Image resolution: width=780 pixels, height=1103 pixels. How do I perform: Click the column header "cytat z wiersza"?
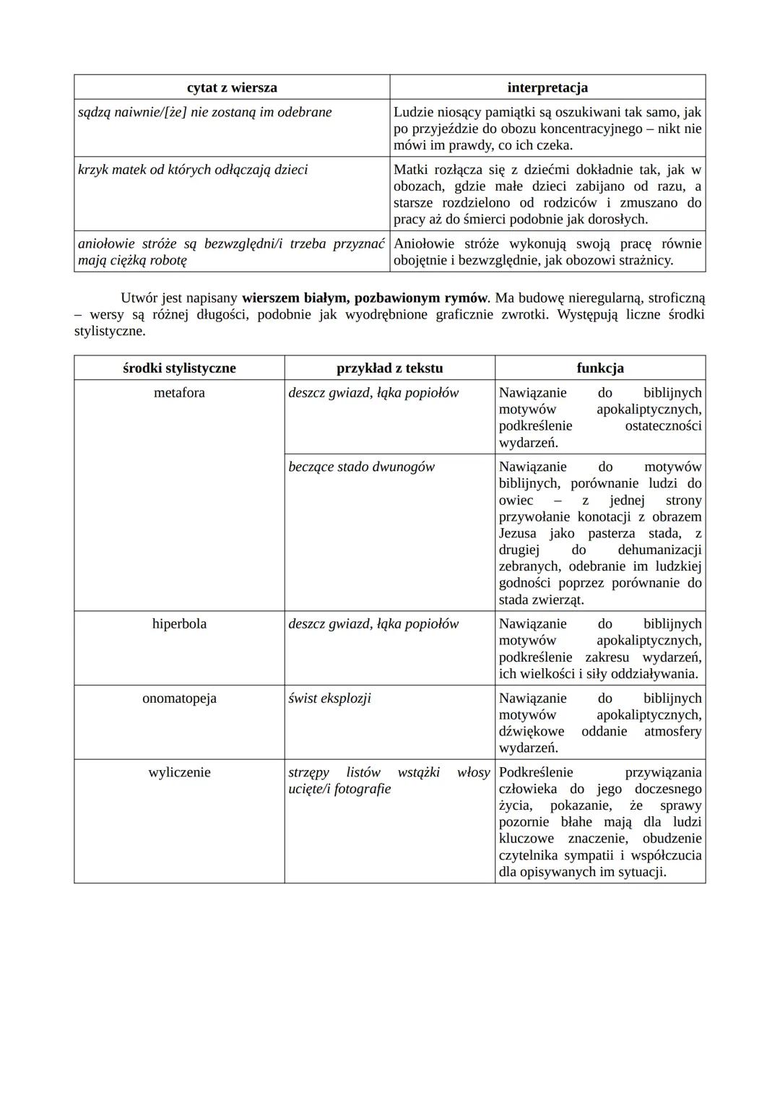pos(232,87)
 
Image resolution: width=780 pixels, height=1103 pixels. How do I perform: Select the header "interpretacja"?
pos(547,87)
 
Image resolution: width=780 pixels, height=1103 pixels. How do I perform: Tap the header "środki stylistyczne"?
pos(179,368)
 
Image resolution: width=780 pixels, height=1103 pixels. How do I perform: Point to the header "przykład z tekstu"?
pos(389,368)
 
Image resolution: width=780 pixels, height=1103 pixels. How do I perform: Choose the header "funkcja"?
pos(600,368)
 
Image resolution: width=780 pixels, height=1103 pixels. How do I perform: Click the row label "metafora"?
pos(179,393)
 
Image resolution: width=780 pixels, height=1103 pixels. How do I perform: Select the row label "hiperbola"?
pos(179,624)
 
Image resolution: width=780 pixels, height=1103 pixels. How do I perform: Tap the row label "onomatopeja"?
pos(179,698)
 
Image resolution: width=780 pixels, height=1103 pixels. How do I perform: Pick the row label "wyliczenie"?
pos(179,772)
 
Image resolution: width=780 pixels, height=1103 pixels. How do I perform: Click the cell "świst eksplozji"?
pos(330,698)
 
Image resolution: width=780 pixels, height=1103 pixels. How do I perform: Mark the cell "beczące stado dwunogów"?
pos(361,467)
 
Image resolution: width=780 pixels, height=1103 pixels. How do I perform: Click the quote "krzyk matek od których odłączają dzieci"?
pos(193,170)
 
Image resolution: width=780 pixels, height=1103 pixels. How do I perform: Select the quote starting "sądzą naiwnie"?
pos(205,112)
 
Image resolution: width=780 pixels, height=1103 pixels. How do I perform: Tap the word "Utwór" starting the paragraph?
pos(139,298)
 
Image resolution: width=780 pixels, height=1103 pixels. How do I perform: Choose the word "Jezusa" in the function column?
pos(518,534)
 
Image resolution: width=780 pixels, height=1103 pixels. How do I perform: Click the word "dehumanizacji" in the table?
pos(659,550)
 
